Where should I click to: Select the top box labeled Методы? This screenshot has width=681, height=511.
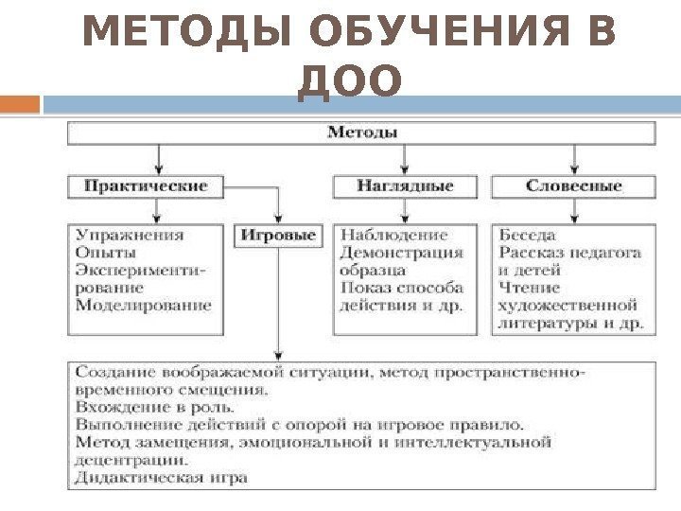point(361,132)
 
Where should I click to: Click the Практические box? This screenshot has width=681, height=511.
point(146,185)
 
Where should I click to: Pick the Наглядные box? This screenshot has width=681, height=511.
point(405,185)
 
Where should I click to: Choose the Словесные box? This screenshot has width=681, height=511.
point(573,185)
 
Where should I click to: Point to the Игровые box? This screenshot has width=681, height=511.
point(277,235)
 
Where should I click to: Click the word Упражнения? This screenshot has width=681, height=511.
point(130,235)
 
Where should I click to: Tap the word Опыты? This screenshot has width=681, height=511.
point(106,253)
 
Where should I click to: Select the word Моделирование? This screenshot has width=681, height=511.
point(143,305)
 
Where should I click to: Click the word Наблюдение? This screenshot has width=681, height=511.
point(393,235)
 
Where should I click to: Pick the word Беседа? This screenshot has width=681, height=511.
point(527,235)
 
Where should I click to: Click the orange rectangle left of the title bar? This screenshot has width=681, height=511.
point(20,103)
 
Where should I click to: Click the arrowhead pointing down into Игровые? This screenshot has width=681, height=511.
point(277,217)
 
